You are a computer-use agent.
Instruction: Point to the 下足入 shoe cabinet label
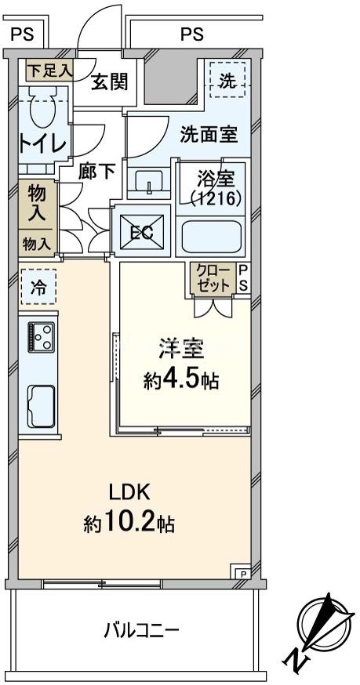[x=49, y=69]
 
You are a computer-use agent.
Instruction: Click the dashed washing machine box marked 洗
[x=227, y=79]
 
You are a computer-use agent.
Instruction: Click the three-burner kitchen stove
[x=41, y=338]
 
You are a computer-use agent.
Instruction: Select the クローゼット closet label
[x=213, y=278]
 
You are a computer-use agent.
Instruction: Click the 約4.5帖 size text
[x=181, y=381]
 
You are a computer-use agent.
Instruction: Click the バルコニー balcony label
[x=142, y=629]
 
